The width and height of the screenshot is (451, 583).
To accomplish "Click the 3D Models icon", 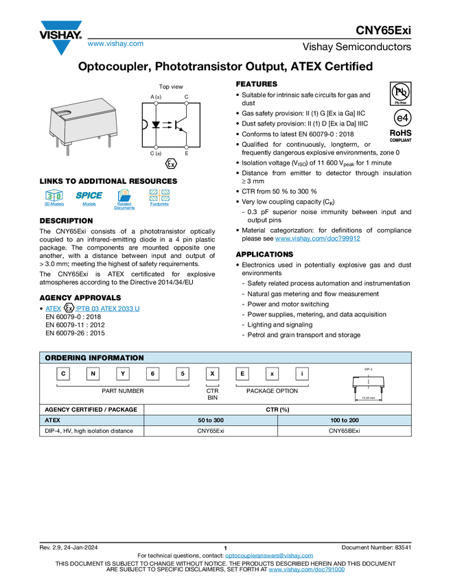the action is (54, 199).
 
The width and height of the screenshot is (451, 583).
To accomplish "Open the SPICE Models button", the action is (89, 199).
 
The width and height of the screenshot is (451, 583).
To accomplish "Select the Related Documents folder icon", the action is (124, 199).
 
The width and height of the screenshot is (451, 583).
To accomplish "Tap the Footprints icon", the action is (159, 199).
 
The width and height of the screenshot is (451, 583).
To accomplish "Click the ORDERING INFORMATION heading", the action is (94, 358).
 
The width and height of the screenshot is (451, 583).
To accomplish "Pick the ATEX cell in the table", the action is (91, 420).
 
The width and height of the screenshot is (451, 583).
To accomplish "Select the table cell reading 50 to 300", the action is (210, 420).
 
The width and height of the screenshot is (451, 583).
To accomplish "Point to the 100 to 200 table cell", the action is (344, 420).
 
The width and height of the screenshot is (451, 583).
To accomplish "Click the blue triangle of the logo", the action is (61, 47).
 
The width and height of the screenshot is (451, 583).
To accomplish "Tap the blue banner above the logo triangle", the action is (61, 26).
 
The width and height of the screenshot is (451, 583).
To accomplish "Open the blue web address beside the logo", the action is (115, 45).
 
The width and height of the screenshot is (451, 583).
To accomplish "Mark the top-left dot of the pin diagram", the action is (156, 104).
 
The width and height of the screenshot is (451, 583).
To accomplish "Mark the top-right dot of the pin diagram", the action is (186, 104).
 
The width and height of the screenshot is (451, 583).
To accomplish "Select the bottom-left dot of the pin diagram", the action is (156, 147).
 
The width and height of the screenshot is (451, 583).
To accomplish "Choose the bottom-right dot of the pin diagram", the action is (186, 147).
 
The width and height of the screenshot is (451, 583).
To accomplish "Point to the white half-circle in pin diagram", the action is (144, 124).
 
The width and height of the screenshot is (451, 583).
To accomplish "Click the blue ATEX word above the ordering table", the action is (53, 309).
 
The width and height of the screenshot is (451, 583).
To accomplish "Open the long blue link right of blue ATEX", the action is (107, 309).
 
